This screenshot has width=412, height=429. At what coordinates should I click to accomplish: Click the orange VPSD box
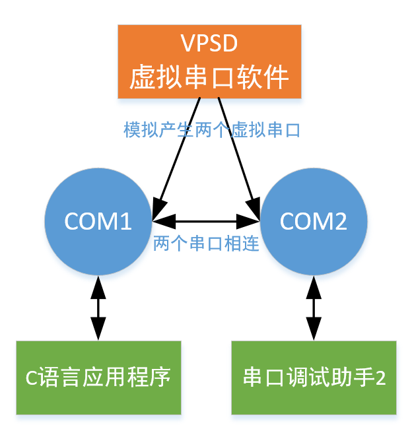[209, 61]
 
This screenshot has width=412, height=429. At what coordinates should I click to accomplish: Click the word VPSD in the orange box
[209, 45]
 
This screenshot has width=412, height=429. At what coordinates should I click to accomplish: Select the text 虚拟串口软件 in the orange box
[209, 78]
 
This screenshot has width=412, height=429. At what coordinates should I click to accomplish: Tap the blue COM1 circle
[98, 221]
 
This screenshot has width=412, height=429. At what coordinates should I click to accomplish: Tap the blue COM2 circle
[314, 221]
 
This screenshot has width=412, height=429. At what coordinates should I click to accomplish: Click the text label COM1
[98, 222]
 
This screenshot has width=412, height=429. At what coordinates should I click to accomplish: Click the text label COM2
[314, 222]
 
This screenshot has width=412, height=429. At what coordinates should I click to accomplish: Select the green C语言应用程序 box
[98, 378]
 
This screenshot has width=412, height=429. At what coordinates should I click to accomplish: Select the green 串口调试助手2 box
[314, 378]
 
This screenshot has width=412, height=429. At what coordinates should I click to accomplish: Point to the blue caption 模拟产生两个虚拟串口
[212, 130]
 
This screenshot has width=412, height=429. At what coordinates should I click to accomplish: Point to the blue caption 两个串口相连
[205, 244]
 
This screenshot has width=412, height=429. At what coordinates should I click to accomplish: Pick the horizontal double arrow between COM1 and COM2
[205, 221]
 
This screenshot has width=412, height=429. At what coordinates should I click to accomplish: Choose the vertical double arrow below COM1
[98, 308]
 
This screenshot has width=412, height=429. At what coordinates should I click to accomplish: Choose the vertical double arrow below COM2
[314, 308]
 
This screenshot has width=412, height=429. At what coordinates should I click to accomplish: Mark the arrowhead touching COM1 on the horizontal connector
[159, 221]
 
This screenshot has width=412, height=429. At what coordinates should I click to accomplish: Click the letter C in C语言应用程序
[30, 379]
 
